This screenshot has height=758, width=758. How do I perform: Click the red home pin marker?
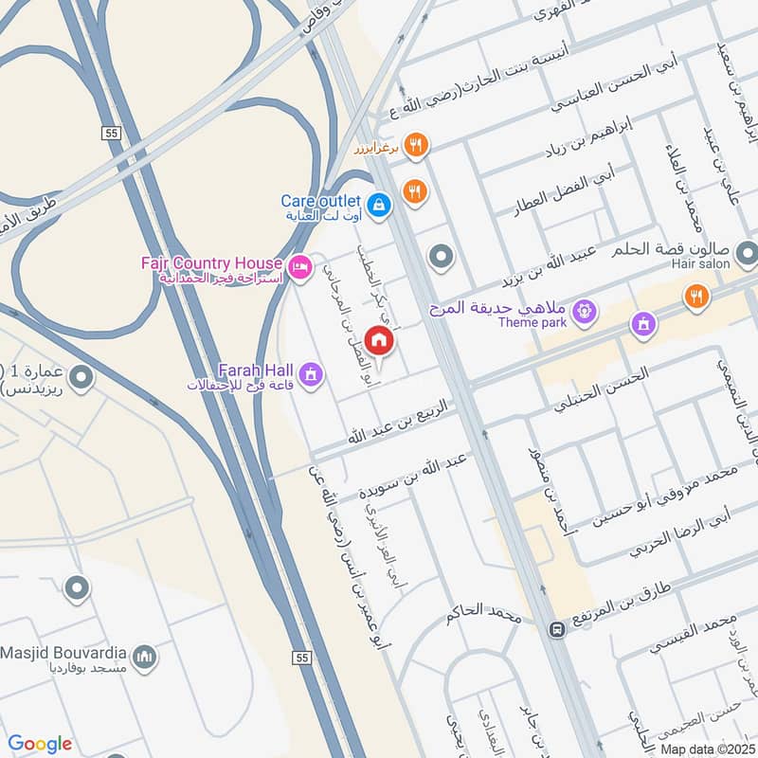tap(379, 340)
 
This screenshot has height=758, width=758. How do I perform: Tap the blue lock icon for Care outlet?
tap(378, 204)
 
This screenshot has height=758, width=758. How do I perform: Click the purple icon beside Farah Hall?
tap(309, 375)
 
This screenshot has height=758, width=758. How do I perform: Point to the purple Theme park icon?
tap(585, 310)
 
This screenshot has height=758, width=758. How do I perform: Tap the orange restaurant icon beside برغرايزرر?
tap(415, 146)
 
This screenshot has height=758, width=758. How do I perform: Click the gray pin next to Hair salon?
tap(747, 253)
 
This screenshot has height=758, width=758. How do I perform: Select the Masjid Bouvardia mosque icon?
tap(144, 657)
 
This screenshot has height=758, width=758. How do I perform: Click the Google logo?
tap(40, 744)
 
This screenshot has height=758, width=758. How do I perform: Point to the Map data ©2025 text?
tap(706, 749)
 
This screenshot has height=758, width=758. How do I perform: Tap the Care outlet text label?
tap(320, 201)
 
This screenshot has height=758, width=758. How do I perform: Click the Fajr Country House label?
tap(225, 262)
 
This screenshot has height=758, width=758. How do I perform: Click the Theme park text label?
tap(536, 322)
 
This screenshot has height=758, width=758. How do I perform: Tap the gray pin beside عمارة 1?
tap(82, 380)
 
